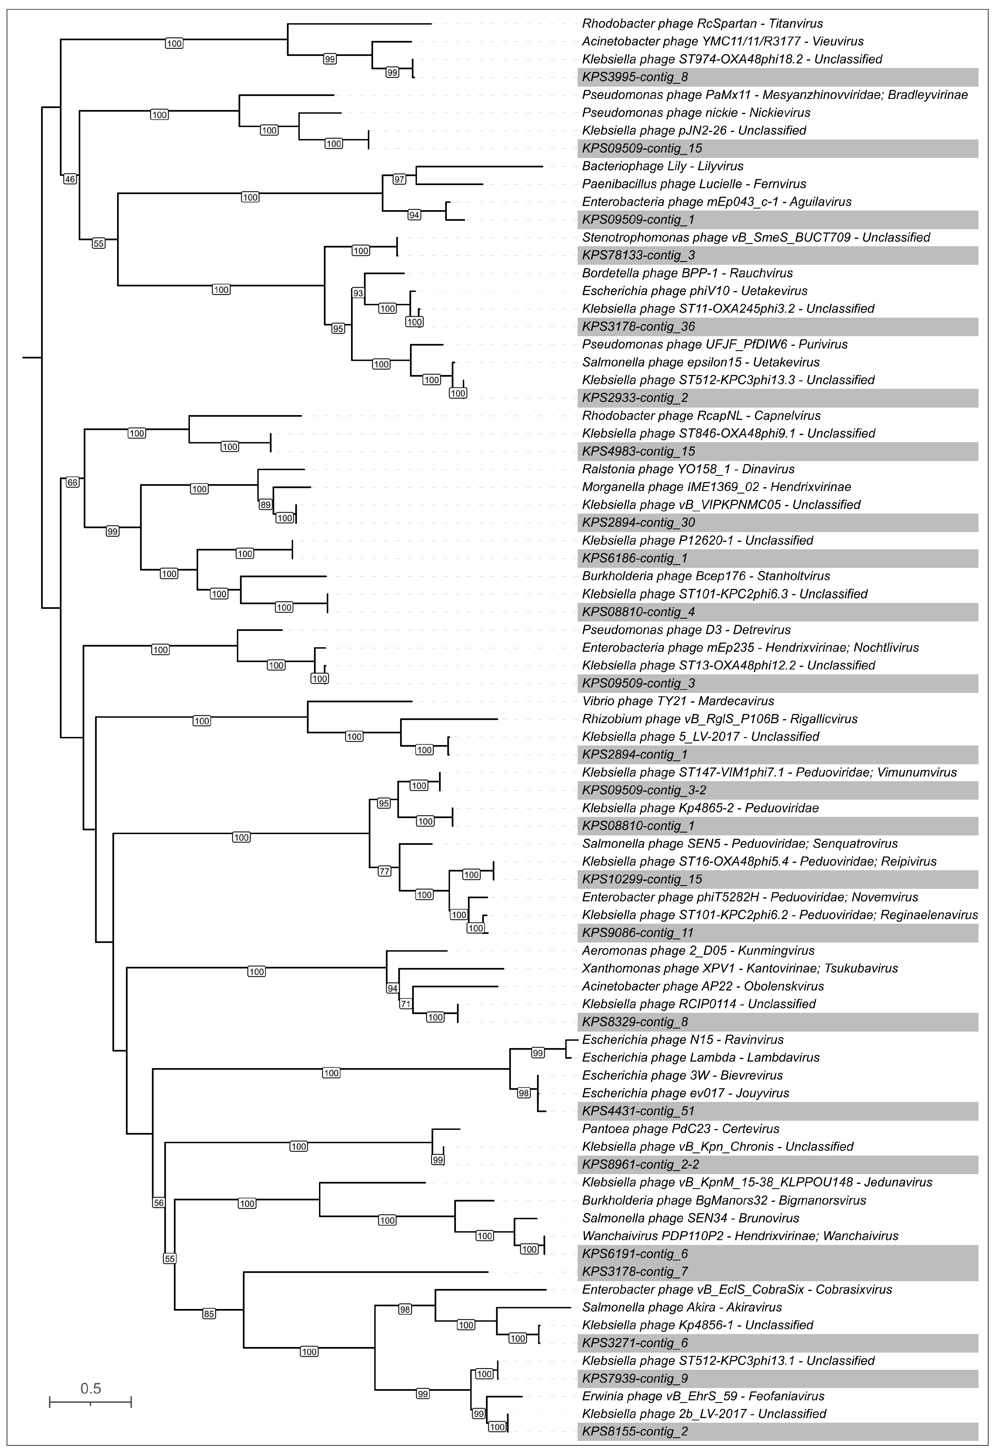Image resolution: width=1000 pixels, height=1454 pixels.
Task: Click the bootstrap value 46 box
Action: tap(70, 179)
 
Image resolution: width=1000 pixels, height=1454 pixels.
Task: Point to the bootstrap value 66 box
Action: tap(73, 482)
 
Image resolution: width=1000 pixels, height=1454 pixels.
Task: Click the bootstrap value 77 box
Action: tap(384, 871)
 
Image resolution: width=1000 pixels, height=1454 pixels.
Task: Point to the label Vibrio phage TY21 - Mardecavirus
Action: tap(678, 701)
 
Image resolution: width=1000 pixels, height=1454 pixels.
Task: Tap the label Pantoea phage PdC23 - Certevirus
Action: tap(680, 1129)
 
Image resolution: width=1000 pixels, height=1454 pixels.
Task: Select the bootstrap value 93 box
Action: tap(358, 293)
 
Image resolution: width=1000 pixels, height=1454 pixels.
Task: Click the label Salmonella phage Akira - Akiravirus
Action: tap(682, 1307)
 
